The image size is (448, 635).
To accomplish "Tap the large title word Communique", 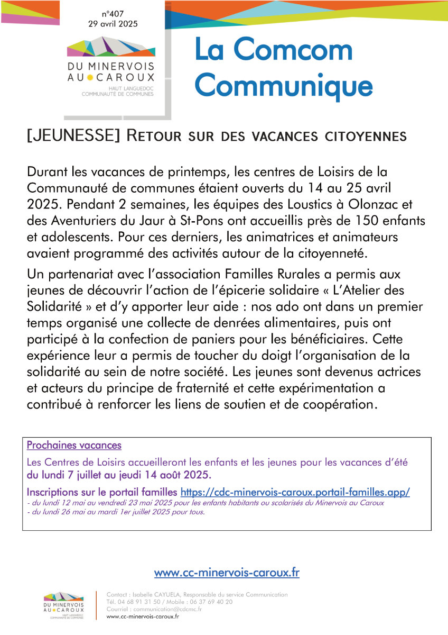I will [283, 85].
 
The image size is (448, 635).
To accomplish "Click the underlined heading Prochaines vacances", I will [74, 445].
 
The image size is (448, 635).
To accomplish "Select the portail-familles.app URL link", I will [295, 492].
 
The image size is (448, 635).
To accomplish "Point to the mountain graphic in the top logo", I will [111, 48].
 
